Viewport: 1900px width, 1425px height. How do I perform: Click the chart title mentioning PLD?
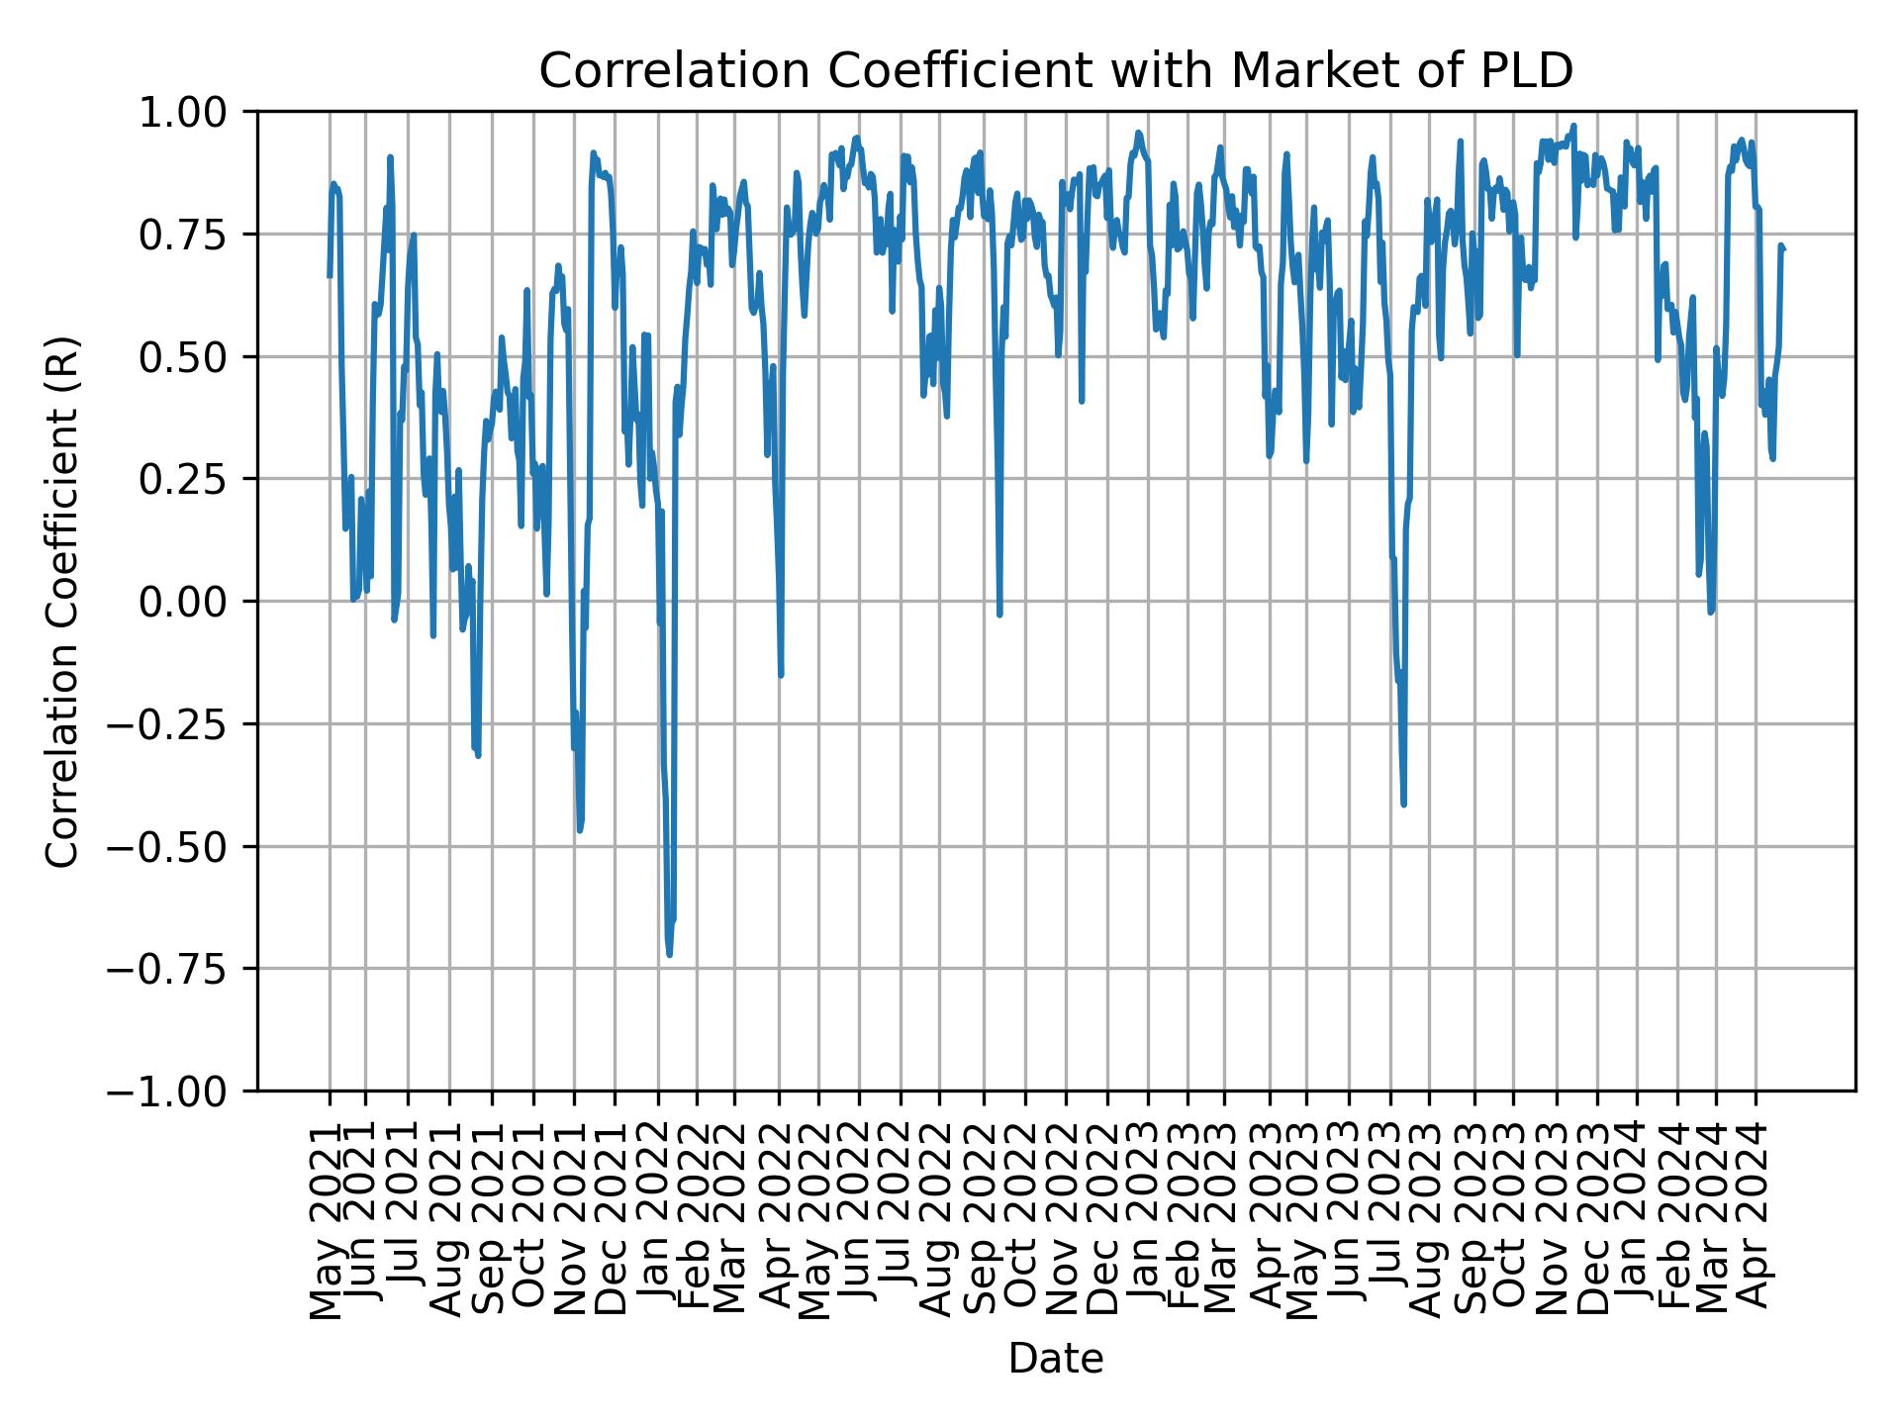coord(1055,71)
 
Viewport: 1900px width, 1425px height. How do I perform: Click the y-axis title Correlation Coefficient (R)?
coord(62,602)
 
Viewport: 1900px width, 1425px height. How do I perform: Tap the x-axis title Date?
coord(1055,1360)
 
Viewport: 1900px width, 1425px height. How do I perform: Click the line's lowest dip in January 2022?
coord(670,955)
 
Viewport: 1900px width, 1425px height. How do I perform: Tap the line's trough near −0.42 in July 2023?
coord(1404,805)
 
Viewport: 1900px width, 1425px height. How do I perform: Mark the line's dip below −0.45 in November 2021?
coord(580,830)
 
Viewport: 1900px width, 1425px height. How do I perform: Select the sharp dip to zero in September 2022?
coord(1000,615)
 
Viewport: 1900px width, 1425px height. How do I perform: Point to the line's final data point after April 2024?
coord(1784,249)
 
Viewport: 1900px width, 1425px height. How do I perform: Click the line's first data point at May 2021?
coord(330,275)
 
